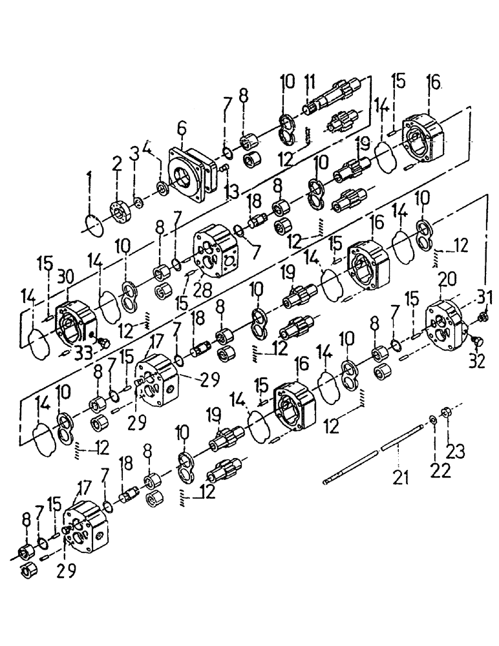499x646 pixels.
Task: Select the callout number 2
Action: pyautogui.click(x=117, y=165)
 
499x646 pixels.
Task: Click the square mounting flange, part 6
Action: pyautogui.click(x=189, y=174)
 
